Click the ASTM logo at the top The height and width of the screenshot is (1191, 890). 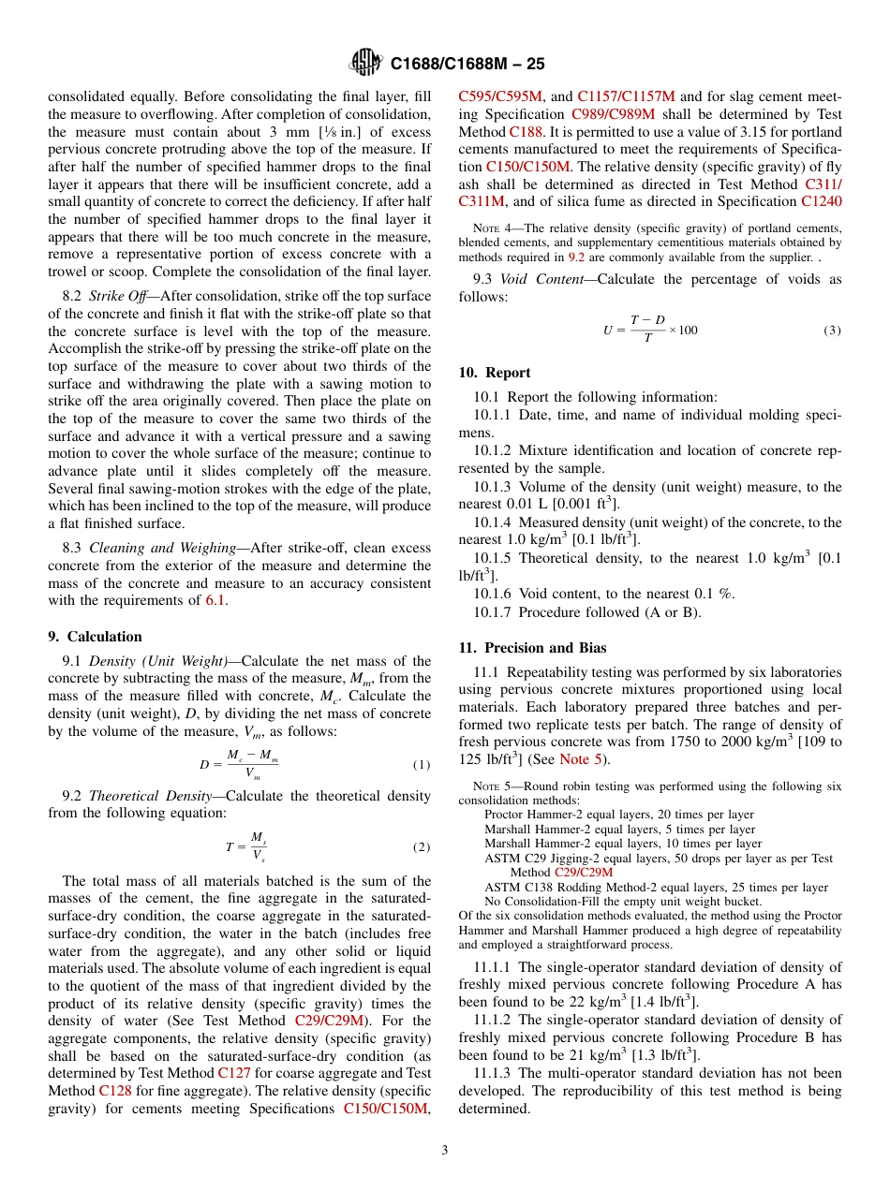click(364, 63)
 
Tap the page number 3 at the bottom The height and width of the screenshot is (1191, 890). click(445, 1150)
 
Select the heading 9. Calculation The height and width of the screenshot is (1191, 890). click(95, 637)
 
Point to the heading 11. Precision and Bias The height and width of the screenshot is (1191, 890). click(532, 648)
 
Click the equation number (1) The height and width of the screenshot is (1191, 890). click(422, 764)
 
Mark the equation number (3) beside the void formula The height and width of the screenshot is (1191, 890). click(832, 330)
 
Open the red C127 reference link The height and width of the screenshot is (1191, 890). click(233, 1073)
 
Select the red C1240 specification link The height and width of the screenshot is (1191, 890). click(821, 200)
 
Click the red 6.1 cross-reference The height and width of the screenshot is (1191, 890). click(215, 600)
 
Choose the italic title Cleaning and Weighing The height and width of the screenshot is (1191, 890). click(157, 548)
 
